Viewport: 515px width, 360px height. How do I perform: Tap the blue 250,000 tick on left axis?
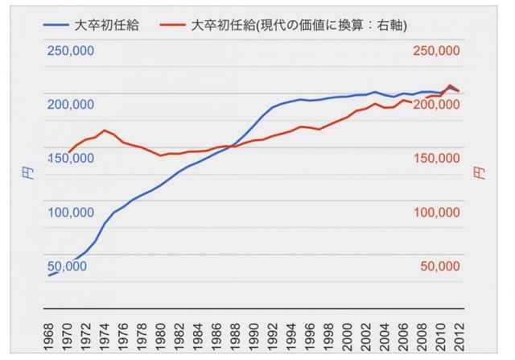70,50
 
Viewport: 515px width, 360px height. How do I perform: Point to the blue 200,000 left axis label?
70,105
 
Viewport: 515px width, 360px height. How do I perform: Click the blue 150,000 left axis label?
70,159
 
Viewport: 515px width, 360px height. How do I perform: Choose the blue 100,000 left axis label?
70,213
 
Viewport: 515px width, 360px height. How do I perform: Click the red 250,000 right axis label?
435,50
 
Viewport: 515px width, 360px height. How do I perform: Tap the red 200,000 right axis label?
435,105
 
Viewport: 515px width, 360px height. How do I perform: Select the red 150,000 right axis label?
435,159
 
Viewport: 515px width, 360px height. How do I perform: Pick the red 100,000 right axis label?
435,213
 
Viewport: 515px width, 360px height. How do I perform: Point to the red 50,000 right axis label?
439,267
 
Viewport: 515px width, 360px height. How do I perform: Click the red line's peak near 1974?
105,130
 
